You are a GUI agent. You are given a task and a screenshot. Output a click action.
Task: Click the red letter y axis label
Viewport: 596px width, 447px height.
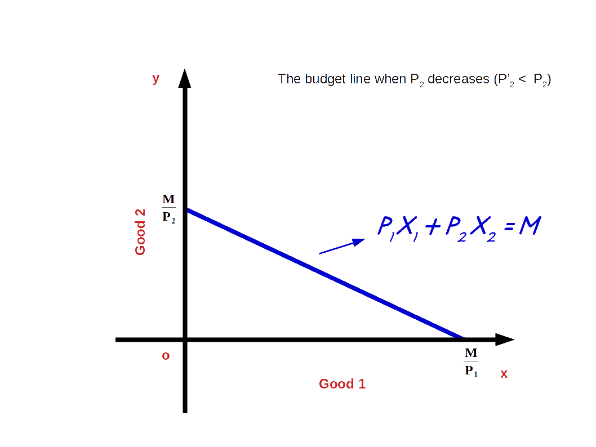tap(155, 79)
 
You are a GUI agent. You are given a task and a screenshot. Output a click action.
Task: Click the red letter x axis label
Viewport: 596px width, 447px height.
tap(504, 374)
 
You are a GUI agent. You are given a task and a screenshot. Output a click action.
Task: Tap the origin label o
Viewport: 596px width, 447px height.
tap(166, 356)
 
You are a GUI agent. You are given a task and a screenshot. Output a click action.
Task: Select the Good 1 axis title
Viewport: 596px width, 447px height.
tap(343, 384)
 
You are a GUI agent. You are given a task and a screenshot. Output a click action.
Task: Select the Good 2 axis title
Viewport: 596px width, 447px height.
tap(140, 231)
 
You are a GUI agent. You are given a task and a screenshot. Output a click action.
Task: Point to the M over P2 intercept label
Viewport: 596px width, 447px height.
tap(168, 209)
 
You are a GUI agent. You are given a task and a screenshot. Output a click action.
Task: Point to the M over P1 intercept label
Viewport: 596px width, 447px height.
tap(471, 362)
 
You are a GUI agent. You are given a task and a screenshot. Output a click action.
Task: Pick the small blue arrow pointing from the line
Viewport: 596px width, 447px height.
tap(341, 247)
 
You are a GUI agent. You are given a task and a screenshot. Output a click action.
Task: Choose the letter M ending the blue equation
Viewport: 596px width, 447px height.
tap(530, 226)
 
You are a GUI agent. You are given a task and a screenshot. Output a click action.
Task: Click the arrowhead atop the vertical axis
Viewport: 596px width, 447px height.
tap(185, 79)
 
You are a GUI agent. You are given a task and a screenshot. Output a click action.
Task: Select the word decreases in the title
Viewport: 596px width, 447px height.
tap(458, 79)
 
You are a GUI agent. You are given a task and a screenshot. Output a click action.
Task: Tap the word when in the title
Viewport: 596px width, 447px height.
tap(389, 79)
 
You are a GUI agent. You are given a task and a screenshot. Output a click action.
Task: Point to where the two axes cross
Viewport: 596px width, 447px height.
tap(185, 339)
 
